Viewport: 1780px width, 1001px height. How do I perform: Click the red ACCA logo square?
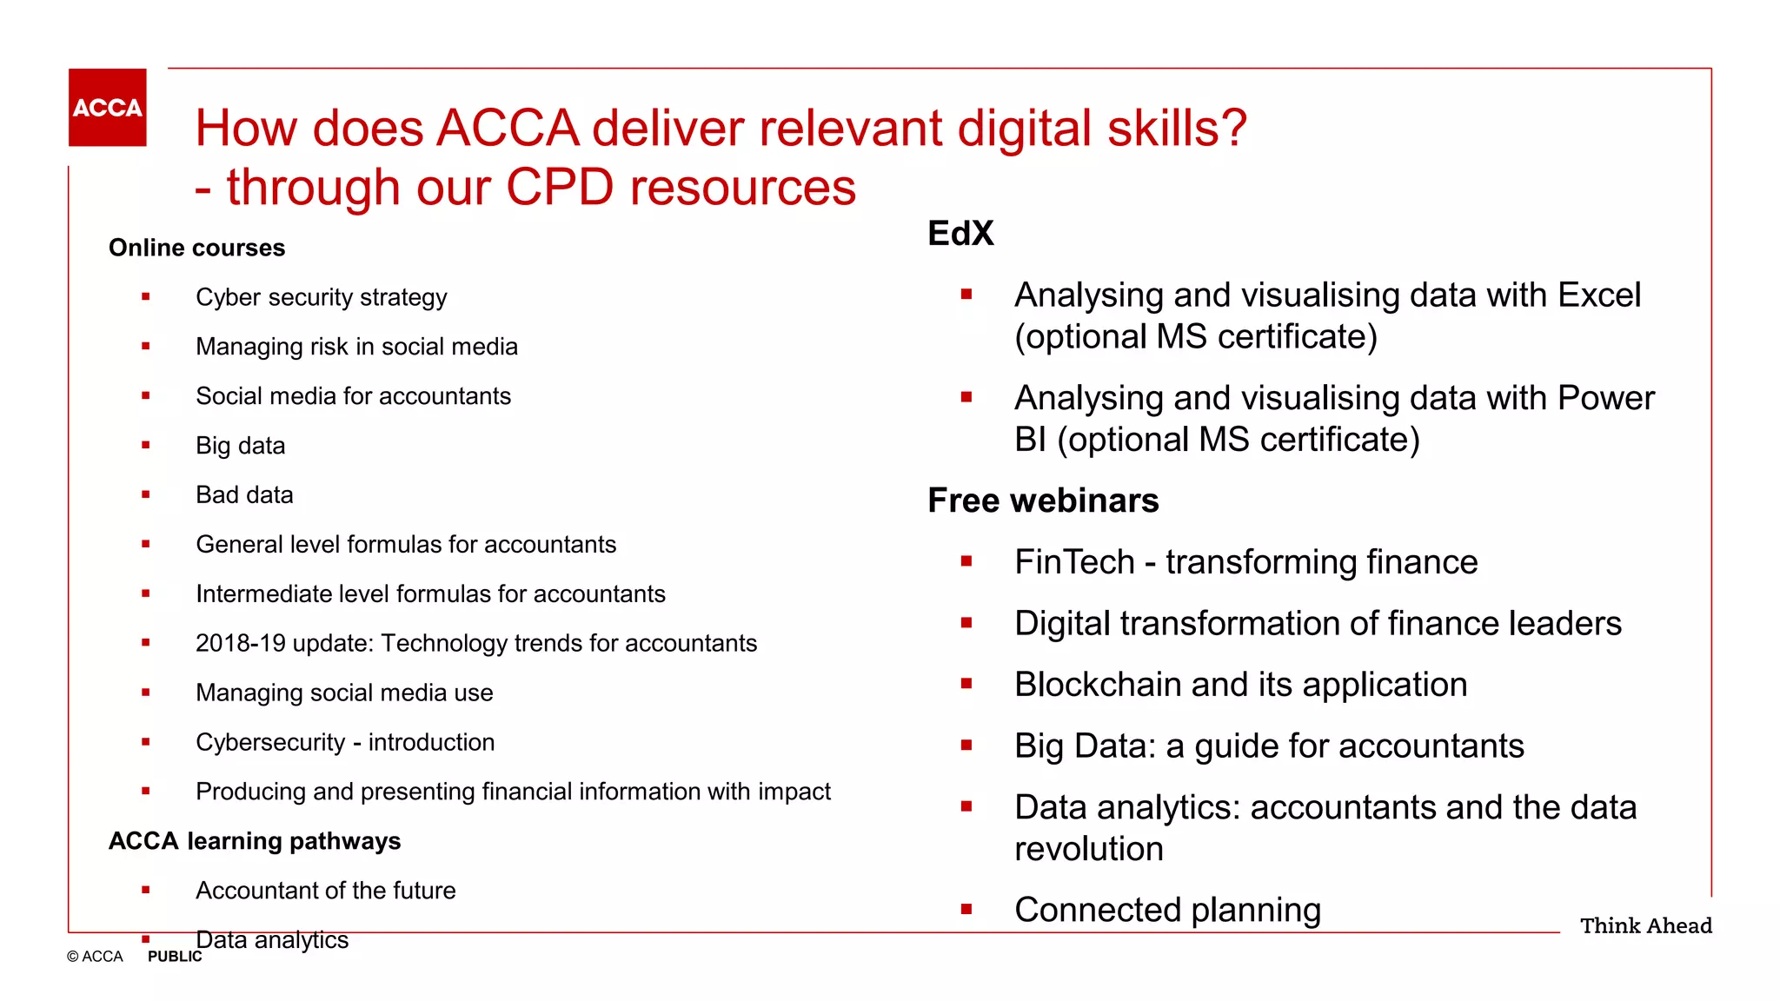pos(107,107)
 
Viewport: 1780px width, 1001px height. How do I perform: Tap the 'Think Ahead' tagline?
pos(1645,925)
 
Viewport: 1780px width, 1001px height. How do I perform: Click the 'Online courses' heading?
pos(196,248)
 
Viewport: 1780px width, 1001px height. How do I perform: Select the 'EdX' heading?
pos(960,233)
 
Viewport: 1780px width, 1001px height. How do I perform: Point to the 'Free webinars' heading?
pos(1043,500)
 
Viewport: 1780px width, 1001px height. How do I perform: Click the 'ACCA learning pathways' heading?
pos(255,841)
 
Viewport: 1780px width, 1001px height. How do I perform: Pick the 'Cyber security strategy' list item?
pos(321,297)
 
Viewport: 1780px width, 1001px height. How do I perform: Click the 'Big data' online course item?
pos(240,446)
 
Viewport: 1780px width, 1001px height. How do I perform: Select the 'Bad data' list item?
pos(244,495)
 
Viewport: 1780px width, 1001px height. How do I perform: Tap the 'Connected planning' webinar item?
pos(1167,910)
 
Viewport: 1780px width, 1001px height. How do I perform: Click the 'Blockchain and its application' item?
pos(1240,685)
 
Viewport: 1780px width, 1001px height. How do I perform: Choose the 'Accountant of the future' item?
pos(325,891)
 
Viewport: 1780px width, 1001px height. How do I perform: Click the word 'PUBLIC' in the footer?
pos(175,957)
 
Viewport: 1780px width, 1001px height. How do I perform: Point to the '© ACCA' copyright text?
pos(95,957)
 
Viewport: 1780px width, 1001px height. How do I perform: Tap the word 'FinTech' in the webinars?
pos(1074,562)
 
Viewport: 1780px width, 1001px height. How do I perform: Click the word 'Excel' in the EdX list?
pos(1599,295)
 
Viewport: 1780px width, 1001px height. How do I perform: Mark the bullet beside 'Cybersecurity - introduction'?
pos(146,742)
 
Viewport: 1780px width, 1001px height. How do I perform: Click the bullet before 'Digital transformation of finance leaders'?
pos(966,623)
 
